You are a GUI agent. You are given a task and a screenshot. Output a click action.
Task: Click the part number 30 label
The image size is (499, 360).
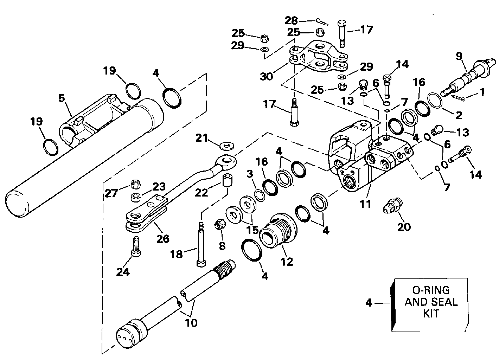tap(266, 76)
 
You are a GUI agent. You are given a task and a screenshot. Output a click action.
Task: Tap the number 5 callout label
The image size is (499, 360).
tap(62, 98)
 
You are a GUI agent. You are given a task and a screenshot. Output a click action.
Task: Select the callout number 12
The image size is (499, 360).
tap(287, 262)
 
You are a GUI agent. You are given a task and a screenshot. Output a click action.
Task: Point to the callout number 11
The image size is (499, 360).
tap(365, 204)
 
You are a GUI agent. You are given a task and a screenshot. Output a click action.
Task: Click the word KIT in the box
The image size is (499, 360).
tap(431, 314)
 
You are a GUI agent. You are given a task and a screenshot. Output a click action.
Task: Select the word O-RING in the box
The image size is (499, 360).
tap(431, 290)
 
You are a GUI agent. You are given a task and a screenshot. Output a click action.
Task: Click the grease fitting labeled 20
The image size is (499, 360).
tap(393, 205)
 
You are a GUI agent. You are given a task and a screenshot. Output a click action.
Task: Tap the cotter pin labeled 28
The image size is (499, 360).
tap(322, 22)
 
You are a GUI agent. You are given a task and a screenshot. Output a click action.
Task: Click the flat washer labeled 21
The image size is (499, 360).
tap(226, 146)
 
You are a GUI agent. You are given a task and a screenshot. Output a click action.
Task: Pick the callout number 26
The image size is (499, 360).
tap(163, 239)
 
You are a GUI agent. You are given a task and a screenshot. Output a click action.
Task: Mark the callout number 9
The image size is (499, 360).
tap(459, 56)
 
